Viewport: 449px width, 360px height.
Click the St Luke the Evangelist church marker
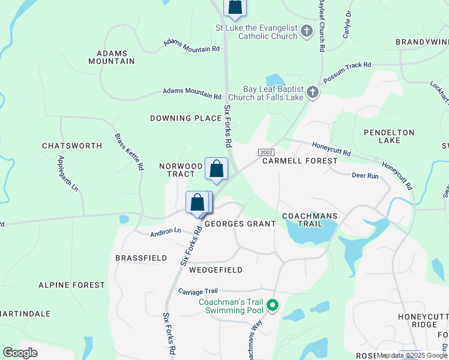point(307,31)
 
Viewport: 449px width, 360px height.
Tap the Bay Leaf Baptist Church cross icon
point(312,92)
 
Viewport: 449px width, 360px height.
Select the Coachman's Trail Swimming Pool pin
point(273,305)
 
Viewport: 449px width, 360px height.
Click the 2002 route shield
point(266,153)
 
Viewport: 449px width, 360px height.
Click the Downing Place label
point(185,118)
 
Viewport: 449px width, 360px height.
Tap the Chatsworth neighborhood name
point(72,146)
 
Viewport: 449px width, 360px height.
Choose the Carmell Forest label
point(300,161)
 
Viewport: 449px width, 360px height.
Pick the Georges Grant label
point(240,224)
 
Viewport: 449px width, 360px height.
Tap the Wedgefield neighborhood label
point(215,270)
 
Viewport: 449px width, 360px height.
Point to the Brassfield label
point(141,257)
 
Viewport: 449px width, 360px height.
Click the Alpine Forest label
point(71,285)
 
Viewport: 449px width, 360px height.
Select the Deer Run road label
point(365,176)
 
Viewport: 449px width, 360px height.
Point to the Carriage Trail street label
point(196,291)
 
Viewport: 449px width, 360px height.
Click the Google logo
point(20,353)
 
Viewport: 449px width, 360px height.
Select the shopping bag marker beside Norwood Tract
point(216,169)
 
